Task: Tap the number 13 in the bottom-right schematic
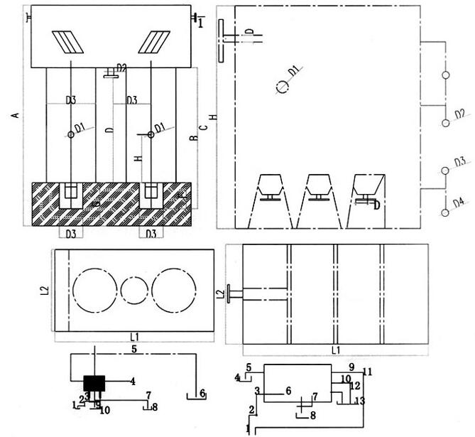tap(359, 401)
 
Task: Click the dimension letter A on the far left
tap(15, 114)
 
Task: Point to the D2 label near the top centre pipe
tap(121, 68)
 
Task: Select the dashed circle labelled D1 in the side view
tap(282, 87)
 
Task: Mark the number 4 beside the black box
tap(132, 381)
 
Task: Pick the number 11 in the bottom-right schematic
tap(367, 372)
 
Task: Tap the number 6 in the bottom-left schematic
tap(202, 392)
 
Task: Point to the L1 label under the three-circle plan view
tap(134, 337)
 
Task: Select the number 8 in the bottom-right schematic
tap(312, 414)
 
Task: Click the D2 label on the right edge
tap(459, 114)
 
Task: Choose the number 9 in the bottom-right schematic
tap(351, 367)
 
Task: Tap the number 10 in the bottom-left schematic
tap(104, 411)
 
